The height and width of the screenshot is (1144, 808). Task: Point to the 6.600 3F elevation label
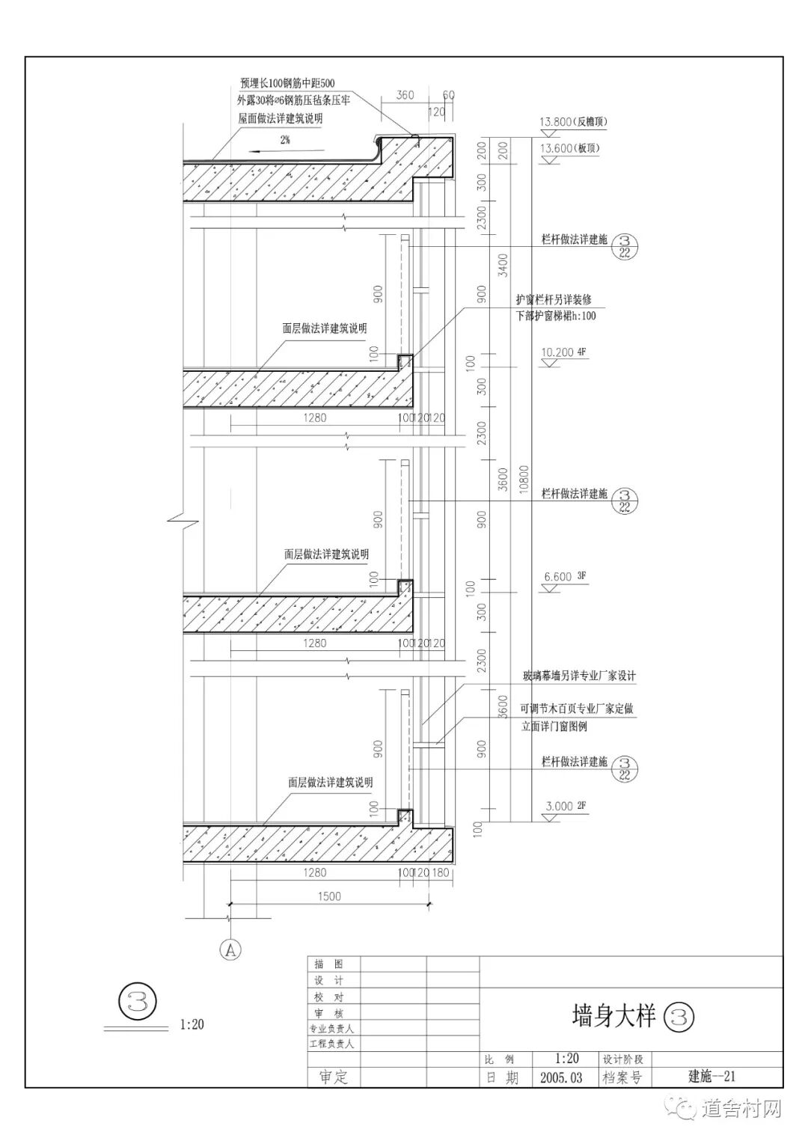click(x=558, y=576)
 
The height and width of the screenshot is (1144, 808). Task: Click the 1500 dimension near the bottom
click(x=328, y=896)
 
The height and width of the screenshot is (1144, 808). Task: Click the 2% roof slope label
click(x=286, y=140)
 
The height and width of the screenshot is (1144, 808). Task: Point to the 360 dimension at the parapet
click(x=405, y=95)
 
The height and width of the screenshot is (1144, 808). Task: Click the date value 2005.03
click(x=560, y=1078)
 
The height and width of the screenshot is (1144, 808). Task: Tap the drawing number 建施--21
click(x=712, y=1077)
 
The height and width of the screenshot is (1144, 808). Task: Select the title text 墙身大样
click(x=613, y=1016)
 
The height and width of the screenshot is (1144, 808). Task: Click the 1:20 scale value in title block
click(x=566, y=1059)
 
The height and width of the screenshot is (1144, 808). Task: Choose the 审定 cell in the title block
click(x=334, y=1077)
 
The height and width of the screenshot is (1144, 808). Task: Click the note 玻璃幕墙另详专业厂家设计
click(x=579, y=676)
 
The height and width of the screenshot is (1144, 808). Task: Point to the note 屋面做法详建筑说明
click(x=281, y=118)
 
